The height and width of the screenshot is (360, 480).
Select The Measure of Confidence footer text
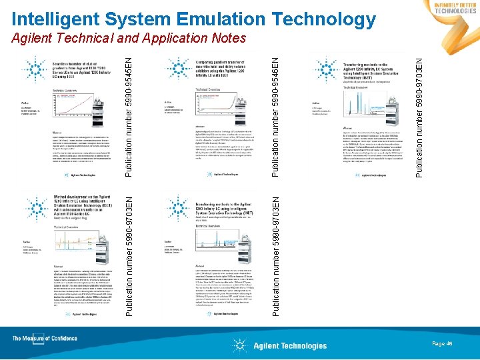point(45,339)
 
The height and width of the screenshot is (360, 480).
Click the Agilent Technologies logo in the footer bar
point(280,345)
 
